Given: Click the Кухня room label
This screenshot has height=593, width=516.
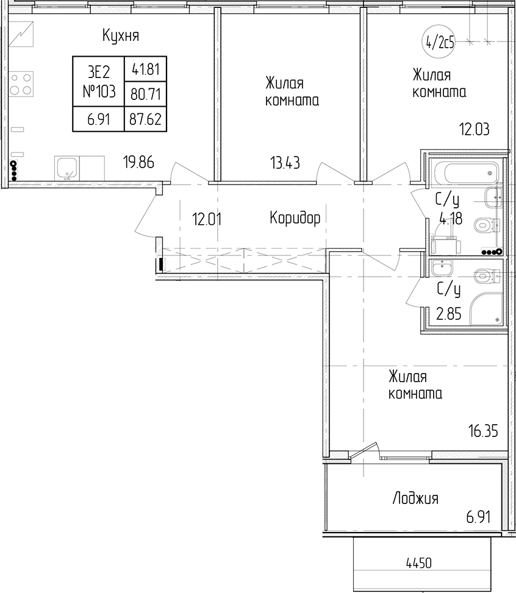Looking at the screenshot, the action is pyautogui.click(x=121, y=36).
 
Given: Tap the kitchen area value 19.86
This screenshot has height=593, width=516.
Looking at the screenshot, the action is pyautogui.click(x=138, y=162).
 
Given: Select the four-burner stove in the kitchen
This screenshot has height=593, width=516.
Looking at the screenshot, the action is pyautogui.click(x=21, y=83).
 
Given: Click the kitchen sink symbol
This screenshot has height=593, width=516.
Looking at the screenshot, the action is pyautogui.click(x=66, y=169).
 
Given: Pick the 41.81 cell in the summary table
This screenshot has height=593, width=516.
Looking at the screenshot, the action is pyautogui.click(x=146, y=69).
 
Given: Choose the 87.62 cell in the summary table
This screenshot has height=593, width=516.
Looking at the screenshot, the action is pyautogui.click(x=145, y=119).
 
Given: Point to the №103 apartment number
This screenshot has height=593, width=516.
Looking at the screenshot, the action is pyautogui.click(x=99, y=91).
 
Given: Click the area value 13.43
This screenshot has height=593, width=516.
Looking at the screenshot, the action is pyautogui.click(x=285, y=163).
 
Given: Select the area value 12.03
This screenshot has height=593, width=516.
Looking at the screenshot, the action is pyautogui.click(x=475, y=129).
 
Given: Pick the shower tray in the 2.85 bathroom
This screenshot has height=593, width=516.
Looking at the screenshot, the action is pyautogui.click(x=487, y=308).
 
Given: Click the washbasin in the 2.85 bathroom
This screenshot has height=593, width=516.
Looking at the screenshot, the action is pyautogui.click(x=442, y=268).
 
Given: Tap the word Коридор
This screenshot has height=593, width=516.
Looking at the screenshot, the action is pyautogui.click(x=295, y=218).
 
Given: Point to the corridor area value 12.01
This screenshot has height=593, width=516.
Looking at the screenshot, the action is pyautogui.click(x=207, y=219).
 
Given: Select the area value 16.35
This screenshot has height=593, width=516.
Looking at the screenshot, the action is pyautogui.click(x=484, y=431).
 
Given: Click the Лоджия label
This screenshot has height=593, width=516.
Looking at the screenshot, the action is pyautogui.click(x=416, y=499).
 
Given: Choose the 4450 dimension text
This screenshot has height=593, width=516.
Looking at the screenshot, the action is pyautogui.click(x=418, y=563).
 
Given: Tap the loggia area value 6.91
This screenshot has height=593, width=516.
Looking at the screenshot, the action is pyautogui.click(x=479, y=517).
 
